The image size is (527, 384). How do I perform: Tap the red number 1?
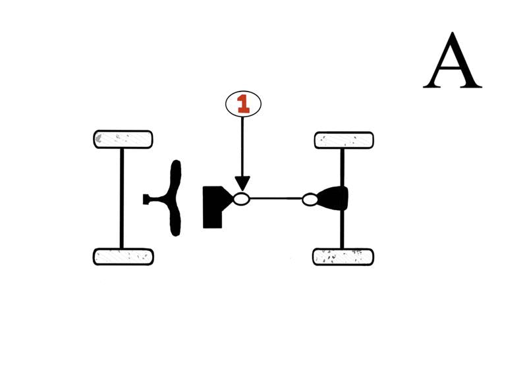tap(243, 103)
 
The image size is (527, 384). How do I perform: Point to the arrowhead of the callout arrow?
tap(242, 185)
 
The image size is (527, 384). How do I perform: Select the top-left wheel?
tap(123, 139)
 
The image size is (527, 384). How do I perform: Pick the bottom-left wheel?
tap(123, 256)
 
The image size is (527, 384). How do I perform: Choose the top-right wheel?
tap(344, 140)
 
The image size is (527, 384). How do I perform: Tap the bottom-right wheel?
tap(343, 256)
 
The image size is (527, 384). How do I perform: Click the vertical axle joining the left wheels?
tap(122, 198)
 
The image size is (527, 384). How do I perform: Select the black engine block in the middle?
tap(213, 207)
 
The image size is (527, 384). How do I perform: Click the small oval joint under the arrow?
tap(242, 198)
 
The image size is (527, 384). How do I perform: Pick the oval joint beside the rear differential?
tap(310, 199)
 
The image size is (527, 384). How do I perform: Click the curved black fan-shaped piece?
tap(175, 198)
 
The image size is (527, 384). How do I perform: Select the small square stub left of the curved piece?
tap(147, 198)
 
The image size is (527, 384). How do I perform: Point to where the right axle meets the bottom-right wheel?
tap(342, 248)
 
